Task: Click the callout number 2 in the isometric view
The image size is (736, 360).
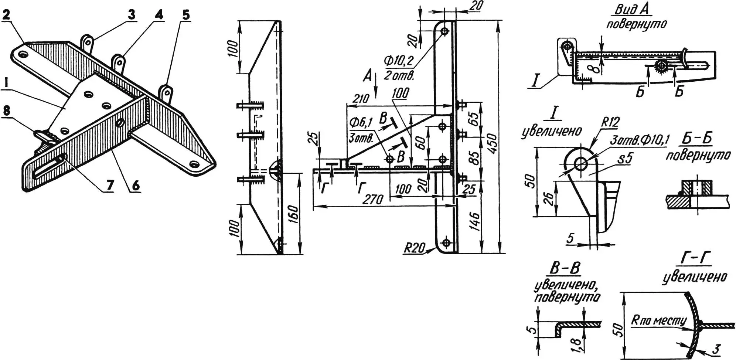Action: point(6,15)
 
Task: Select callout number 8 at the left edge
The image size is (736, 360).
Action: point(6,111)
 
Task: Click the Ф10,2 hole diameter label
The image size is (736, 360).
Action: point(399,61)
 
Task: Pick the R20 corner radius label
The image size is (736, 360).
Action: point(414,248)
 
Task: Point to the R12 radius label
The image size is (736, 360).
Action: point(610,122)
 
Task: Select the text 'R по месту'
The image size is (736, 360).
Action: point(658,320)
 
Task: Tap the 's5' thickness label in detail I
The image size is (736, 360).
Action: point(625,159)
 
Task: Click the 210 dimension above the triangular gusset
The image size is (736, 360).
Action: point(360,99)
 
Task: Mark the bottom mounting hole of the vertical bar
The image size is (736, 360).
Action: point(446,243)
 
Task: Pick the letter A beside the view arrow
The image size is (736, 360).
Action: point(367,77)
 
